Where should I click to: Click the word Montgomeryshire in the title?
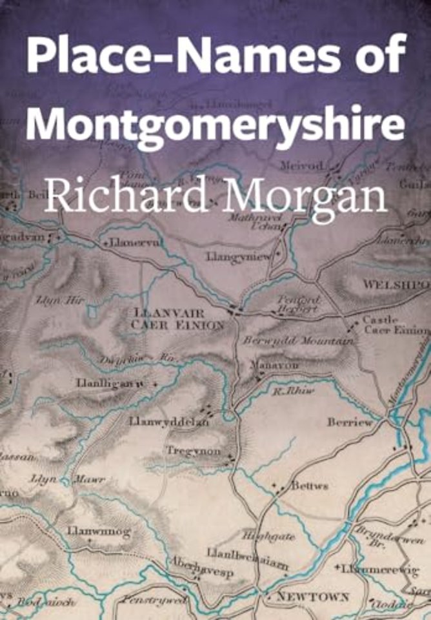pos(215,122)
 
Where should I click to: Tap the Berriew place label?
pos(350,422)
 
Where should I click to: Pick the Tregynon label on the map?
pos(194,451)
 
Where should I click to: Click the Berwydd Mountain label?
pos(298,340)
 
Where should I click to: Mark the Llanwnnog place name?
pos(99,532)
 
